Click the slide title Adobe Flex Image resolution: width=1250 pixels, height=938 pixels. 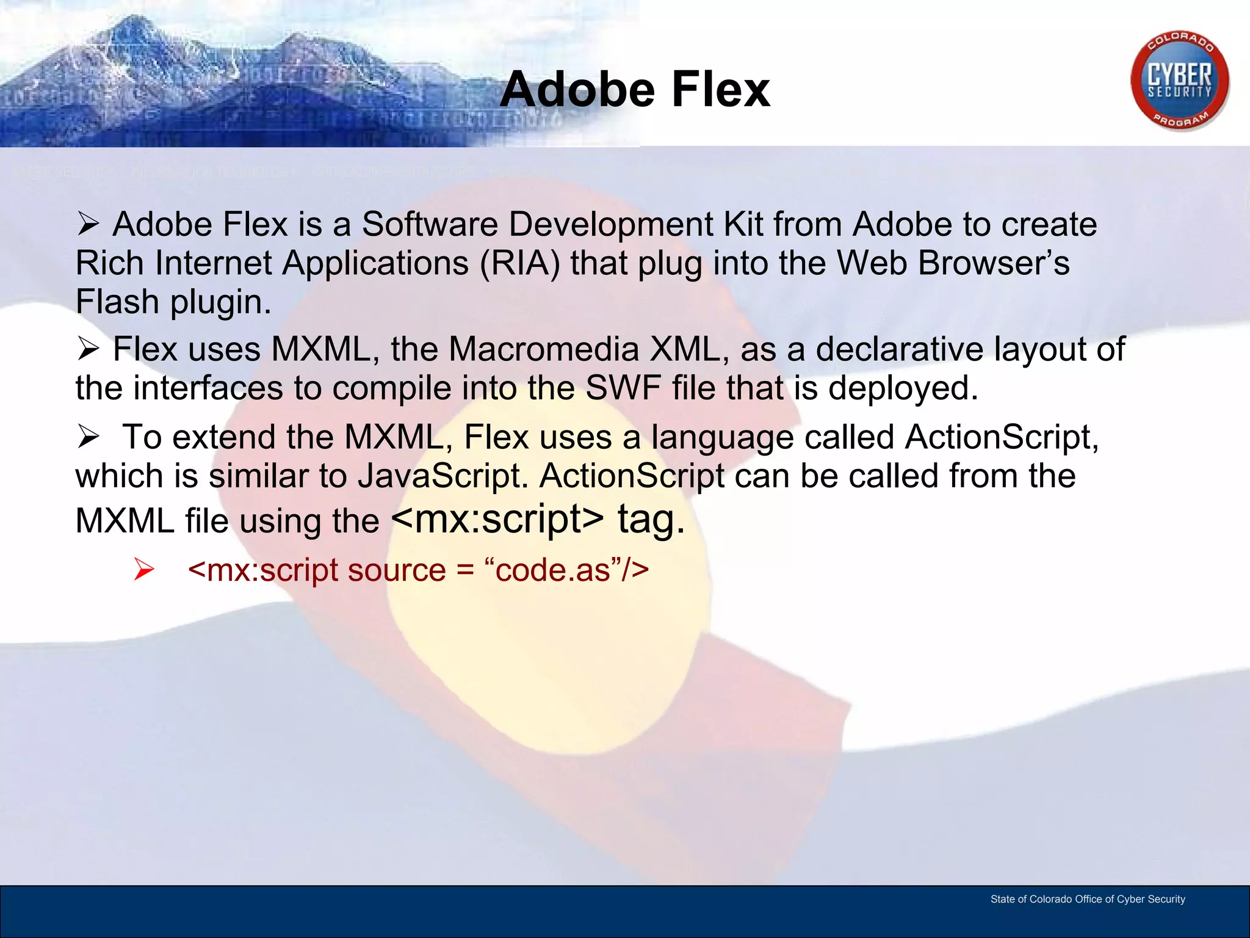635,89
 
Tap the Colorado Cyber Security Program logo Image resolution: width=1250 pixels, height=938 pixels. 1179,81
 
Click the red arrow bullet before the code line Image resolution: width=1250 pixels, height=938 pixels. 144,570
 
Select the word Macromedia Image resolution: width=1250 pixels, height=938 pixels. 543,349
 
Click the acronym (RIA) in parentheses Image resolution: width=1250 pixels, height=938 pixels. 519,263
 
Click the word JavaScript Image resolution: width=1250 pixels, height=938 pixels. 443,476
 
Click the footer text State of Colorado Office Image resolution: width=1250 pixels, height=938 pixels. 1087,899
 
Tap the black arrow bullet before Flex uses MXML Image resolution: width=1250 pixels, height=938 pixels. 89,349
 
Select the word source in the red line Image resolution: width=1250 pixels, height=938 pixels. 397,570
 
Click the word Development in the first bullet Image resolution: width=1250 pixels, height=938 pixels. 611,224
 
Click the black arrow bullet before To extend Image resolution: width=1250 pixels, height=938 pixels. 89,437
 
